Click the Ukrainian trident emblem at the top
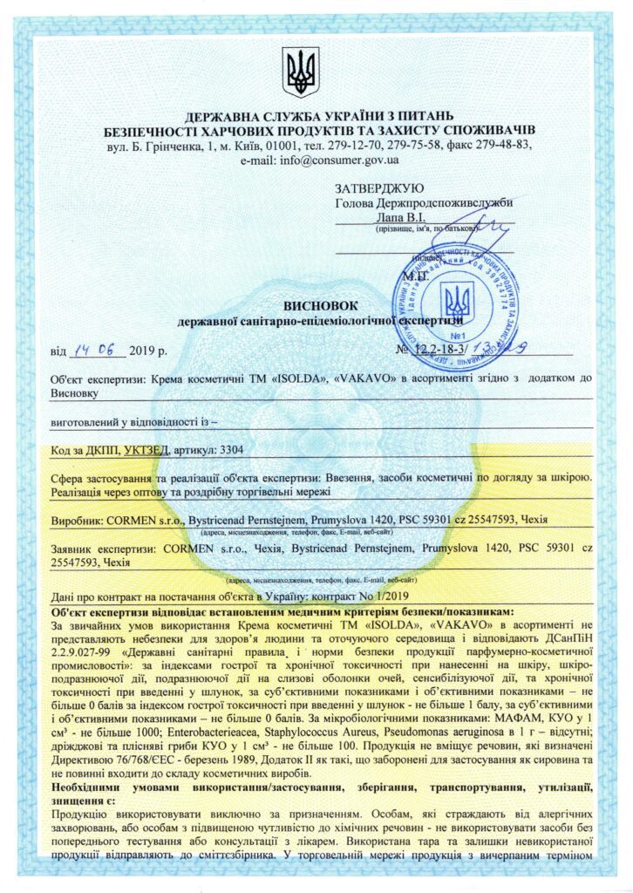tap(301, 72)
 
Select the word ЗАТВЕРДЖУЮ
tap(379, 187)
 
